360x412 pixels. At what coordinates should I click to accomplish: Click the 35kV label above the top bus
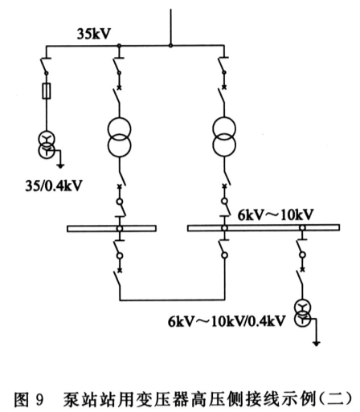tap(94, 34)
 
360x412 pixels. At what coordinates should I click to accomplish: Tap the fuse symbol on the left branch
tap(47, 91)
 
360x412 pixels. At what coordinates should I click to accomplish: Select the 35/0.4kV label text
tap(54, 186)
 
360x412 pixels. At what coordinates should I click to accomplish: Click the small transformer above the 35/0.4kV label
tap(47, 145)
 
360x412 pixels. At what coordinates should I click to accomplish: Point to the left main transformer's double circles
tap(120, 137)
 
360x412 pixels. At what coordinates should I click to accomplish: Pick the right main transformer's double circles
tap(224, 137)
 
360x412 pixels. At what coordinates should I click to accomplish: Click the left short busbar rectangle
tap(112, 228)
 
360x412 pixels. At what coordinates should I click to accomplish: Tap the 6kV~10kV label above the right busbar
tap(276, 214)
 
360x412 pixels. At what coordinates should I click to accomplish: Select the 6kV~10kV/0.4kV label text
tap(227, 321)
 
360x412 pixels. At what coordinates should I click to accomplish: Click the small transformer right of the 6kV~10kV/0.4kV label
tap(303, 313)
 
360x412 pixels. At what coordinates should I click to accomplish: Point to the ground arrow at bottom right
tap(317, 343)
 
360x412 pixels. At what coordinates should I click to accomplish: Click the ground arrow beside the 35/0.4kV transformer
tap(61, 165)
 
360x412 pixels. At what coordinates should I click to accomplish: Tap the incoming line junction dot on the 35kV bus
tap(170, 46)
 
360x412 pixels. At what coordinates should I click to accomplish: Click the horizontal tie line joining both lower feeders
tap(172, 300)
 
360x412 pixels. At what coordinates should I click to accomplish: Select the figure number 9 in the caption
tap(39, 400)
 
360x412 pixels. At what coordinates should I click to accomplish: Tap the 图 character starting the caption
tap(21, 400)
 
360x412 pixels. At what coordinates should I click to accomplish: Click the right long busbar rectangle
tap(264, 228)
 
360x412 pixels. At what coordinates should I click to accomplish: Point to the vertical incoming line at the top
tap(170, 27)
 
